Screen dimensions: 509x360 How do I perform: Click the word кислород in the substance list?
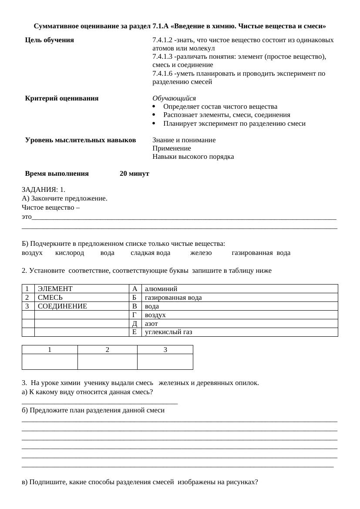tap(70, 253)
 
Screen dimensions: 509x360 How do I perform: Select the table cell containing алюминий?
tap(239, 288)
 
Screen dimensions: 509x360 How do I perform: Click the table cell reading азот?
tap(239, 324)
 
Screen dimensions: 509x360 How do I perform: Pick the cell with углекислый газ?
tap(239, 332)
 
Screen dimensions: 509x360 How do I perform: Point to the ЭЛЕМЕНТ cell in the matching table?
tap(81, 288)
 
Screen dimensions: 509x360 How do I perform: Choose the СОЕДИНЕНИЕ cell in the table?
tap(81, 306)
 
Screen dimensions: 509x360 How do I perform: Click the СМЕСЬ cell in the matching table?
tap(81, 297)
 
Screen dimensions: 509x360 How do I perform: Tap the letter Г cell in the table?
tap(135, 315)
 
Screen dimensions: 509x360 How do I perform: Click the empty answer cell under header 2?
tap(107, 362)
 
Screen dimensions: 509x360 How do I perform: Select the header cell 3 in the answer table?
tap(165, 349)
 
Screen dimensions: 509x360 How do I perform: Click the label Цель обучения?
tap(49, 40)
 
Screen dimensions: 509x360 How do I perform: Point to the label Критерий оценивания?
tap(61, 98)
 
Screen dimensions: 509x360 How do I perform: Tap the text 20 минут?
tap(134, 174)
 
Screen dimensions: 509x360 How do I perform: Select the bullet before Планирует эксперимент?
tap(155, 124)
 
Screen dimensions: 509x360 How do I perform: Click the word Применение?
tap(172, 148)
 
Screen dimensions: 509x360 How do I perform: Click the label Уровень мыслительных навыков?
tap(80, 140)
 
